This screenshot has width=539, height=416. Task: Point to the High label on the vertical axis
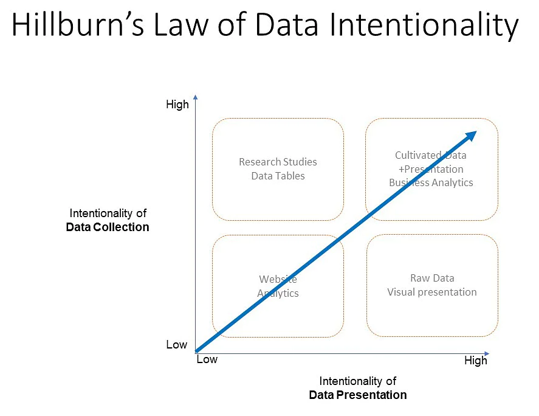click(x=177, y=105)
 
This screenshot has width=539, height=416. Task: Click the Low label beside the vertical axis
click(x=176, y=345)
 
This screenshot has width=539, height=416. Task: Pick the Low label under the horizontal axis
click(x=207, y=359)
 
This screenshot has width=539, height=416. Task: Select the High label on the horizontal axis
click(x=475, y=361)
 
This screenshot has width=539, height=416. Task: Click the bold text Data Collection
click(x=108, y=227)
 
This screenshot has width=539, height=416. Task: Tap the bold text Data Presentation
click(x=357, y=395)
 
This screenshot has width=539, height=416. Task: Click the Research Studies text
click(x=278, y=162)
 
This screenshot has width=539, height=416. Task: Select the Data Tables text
click(x=278, y=176)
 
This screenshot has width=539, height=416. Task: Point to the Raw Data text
click(x=432, y=278)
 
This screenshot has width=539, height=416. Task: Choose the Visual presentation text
click(x=432, y=292)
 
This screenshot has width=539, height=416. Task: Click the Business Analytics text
click(x=431, y=182)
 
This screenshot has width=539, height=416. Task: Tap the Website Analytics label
click(x=278, y=286)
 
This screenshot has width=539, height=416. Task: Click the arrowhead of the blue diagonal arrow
click(x=470, y=136)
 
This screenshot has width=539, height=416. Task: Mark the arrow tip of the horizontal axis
click(x=487, y=353)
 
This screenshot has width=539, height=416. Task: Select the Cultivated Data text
click(x=431, y=156)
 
